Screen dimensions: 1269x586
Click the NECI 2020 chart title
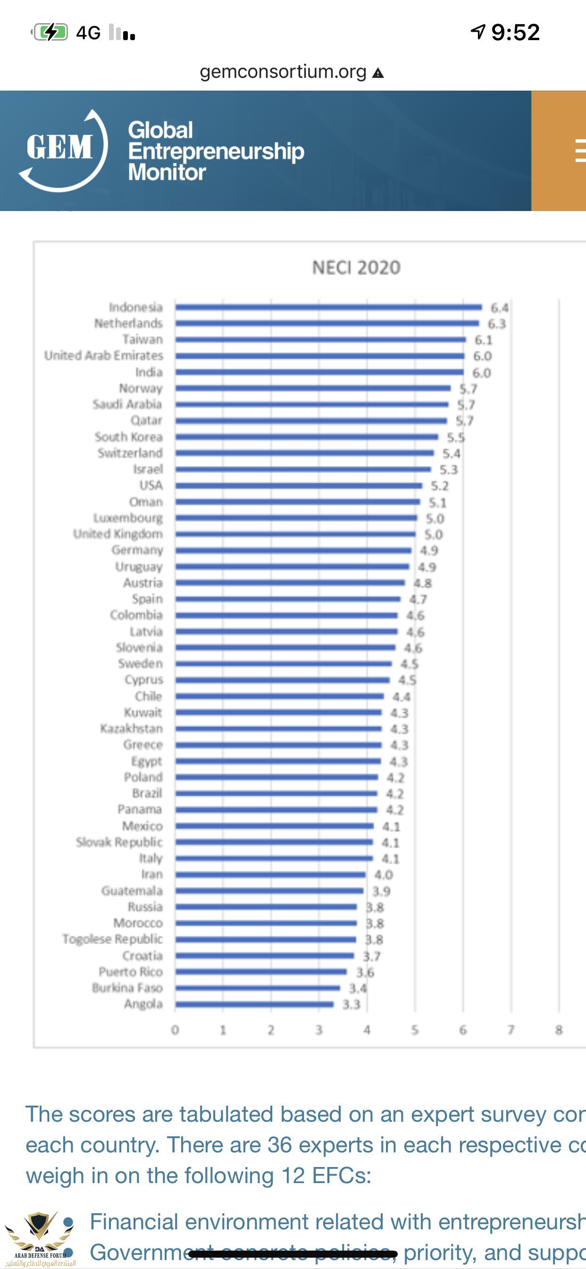pyautogui.click(x=356, y=268)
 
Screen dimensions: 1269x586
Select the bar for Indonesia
pyautogui.click(x=328, y=307)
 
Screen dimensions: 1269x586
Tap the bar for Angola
pyautogui.click(x=254, y=1004)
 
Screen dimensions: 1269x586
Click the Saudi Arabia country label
pyautogui.click(x=127, y=405)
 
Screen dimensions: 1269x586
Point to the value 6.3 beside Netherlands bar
pyautogui.click(x=496, y=324)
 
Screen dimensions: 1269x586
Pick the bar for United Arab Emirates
pyautogui.click(x=319, y=355)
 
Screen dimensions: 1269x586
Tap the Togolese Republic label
pyautogui.click(x=112, y=939)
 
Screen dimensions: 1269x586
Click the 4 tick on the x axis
pyautogui.click(x=367, y=1030)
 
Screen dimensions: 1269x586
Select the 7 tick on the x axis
pyautogui.click(x=511, y=1030)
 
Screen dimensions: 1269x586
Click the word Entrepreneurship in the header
pyautogui.click(x=216, y=151)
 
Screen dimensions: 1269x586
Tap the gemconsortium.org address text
pyautogui.click(x=283, y=72)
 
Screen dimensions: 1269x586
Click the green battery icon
pyautogui.click(x=51, y=33)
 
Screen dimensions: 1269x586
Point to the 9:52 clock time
pyautogui.click(x=515, y=33)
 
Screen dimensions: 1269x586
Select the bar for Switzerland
pyautogui.click(x=305, y=453)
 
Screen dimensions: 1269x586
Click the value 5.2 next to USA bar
pyautogui.click(x=439, y=486)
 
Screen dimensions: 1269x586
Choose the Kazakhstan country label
pyautogui.click(x=131, y=728)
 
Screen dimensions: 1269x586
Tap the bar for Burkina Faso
pyautogui.click(x=258, y=988)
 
